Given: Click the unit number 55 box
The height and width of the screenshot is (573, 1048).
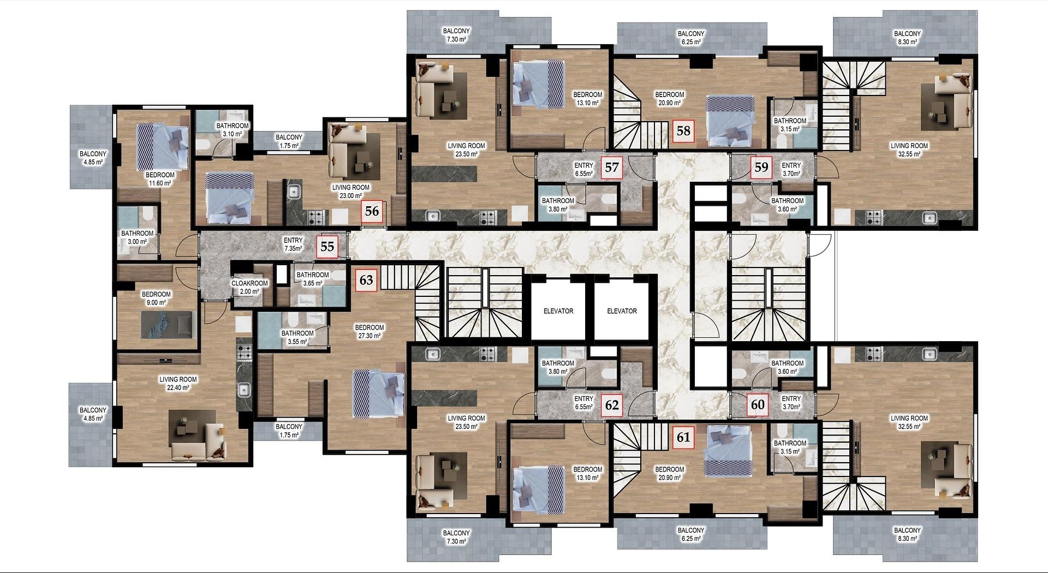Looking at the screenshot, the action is pyautogui.click(x=327, y=246).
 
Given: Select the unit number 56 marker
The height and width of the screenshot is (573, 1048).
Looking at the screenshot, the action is pyautogui.click(x=372, y=211).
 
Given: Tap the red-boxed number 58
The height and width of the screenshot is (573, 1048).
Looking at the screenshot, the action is pyautogui.click(x=683, y=131).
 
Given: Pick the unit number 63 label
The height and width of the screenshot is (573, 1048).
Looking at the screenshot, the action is pyautogui.click(x=366, y=280).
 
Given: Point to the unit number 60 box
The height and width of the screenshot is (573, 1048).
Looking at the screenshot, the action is pyautogui.click(x=758, y=404).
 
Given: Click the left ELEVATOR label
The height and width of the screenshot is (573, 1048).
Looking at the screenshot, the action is pyautogui.click(x=558, y=311).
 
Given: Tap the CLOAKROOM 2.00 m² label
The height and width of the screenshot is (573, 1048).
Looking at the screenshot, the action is pyautogui.click(x=249, y=288).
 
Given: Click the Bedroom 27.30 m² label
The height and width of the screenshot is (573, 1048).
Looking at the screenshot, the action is pyautogui.click(x=370, y=332).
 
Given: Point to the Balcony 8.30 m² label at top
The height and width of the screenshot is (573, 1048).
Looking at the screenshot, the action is pyautogui.click(x=907, y=38).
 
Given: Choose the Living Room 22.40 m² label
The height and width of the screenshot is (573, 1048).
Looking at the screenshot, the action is pyautogui.click(x=178, y=384).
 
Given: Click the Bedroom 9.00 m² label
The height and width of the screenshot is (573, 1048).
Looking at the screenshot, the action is pyautogui.click(x=156, y=299).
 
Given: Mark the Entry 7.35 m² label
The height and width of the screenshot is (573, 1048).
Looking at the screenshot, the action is pyautogui.click(x=293, y=244).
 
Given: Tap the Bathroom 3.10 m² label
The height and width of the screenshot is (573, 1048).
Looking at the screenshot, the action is pyautogui.click(x=233, y=130).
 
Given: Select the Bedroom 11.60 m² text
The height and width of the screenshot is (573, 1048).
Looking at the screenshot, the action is pyautogui.click(x=160, y=180).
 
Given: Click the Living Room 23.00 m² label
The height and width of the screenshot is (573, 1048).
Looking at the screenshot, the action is pyautogui.click(x=351, y=192).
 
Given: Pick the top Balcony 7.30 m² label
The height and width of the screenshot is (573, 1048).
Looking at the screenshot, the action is pyautogui.click(x=456, y=35).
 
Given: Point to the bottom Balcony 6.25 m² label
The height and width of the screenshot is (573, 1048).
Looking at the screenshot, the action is pyautogui.click(x=691, y=534).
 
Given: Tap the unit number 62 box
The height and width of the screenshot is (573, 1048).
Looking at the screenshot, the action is pyautogui.click(x=612, y=405).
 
